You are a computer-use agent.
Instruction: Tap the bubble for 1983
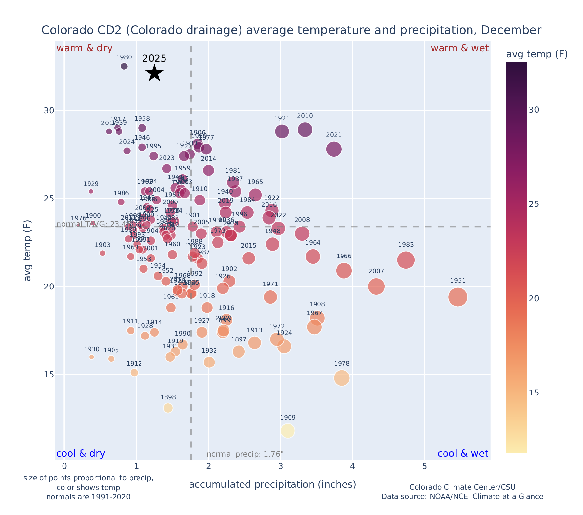(406, 260)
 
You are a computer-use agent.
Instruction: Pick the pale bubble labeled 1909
(288, 431)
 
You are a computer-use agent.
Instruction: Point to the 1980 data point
(124, 67)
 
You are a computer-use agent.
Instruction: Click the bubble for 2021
(334, 149)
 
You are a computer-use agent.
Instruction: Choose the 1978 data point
(342, 378)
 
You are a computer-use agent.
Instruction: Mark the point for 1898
(168, 408)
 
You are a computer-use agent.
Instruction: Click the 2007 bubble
(376, 286)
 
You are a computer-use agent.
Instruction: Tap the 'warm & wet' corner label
(460, 48)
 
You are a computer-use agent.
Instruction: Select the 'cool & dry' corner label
(81, 454)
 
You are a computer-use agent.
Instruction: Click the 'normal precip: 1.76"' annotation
(245, 454)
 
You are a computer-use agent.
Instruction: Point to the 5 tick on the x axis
(425, 466)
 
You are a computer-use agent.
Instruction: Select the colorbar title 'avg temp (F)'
(537, 54)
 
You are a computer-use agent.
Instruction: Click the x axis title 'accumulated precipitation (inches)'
(272, 485)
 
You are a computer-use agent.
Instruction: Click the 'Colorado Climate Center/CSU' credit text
(462, 487)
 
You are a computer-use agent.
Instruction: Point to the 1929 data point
(91, 191)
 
